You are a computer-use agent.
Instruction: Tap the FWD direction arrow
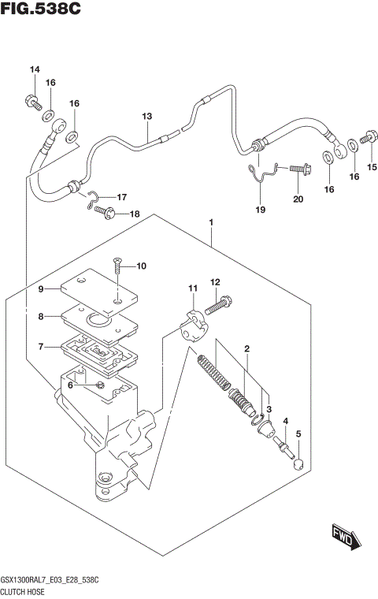click(344, 538)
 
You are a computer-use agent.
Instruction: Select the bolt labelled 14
click(33, 101)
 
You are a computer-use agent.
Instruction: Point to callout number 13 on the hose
click(146, 117)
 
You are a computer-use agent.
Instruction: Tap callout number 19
click(261, 210)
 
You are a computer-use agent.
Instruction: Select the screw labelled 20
click(299, 168)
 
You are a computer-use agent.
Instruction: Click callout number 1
click(212, 224)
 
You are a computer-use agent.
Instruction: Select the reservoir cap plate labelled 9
click(98, 289)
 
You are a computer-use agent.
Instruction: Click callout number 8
click(43, 317)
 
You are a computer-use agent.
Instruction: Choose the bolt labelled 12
click(219, 301)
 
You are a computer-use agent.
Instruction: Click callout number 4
click(285, 421)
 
